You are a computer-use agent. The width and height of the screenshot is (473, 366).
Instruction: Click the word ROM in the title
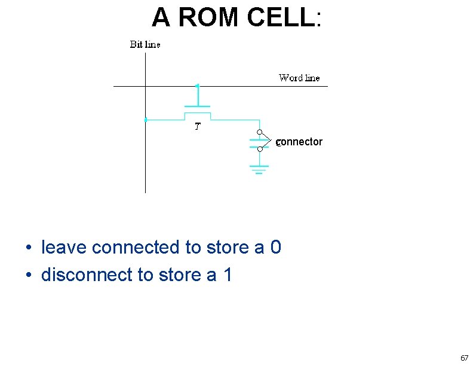click(x=208, y=18)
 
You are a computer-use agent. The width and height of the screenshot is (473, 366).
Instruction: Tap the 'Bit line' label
click(x=145, y=45)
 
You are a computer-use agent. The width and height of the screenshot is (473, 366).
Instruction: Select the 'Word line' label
click(x=299, y=78)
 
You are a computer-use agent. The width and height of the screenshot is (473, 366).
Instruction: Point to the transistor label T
click(x=197, y=127)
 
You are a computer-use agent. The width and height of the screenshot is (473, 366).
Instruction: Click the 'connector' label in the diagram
click(x=299, y=142)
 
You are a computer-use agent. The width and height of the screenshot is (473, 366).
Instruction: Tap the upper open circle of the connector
click(x=260, y=132)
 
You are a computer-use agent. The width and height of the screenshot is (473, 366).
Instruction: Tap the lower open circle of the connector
click(x=260, y=150)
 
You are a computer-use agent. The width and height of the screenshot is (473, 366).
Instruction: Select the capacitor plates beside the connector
click(x=257, y=142)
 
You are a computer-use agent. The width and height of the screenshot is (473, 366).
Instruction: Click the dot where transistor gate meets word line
click(x=197, y=86)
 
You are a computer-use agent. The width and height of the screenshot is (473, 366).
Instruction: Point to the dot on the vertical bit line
click(x=145, y=120)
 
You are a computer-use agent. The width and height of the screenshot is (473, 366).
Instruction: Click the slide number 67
click(x=464, y=358)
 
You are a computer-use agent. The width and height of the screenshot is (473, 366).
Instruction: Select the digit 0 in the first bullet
click(x=275, y=247)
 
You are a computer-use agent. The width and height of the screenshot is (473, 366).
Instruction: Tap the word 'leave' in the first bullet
click(x=64, y=247)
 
